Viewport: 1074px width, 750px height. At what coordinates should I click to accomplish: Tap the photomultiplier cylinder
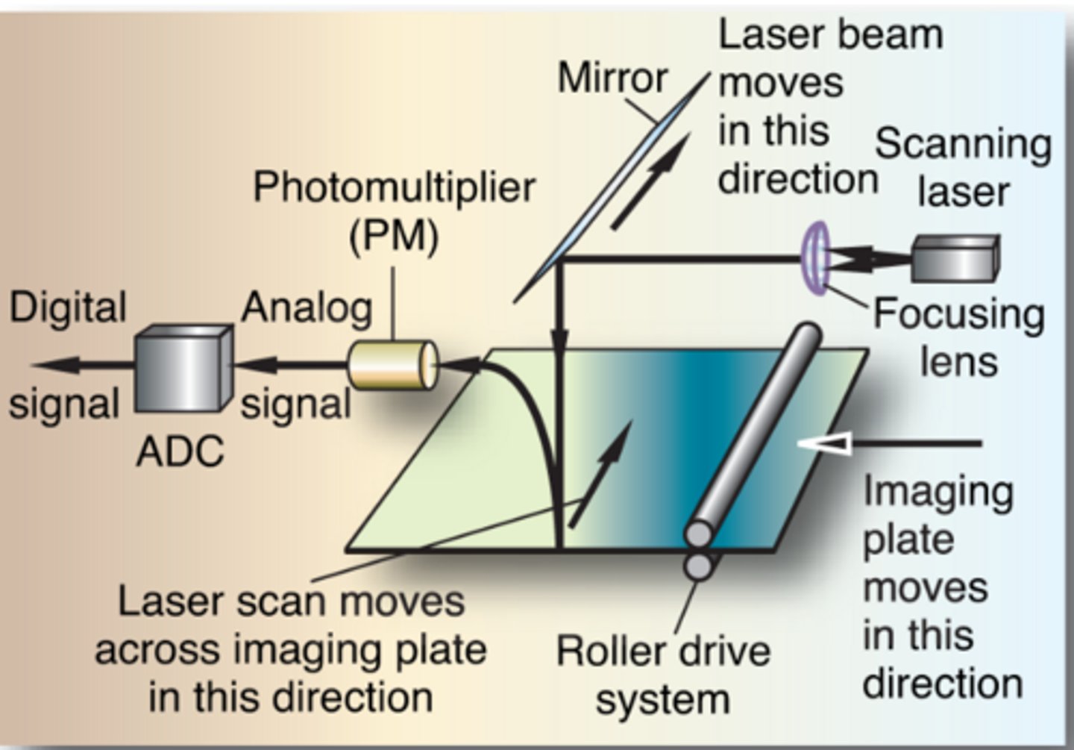(x=393, y=365)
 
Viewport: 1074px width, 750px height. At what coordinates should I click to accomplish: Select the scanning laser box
(x=955, y=258)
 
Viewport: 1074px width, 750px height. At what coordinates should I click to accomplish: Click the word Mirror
(x=612, y=78)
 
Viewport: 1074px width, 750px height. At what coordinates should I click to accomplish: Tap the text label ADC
(x=180, y=451)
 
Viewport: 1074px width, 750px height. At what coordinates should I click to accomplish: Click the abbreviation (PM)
(x=393, y=236)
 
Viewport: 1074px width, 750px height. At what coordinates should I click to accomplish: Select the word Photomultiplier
(x=394, y=187)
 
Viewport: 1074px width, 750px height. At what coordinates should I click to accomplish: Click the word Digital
(x=68, y=307)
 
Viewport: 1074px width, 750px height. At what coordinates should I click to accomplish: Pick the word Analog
(x=307, y=307)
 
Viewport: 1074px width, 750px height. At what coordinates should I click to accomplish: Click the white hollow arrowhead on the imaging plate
(x=824, y=443)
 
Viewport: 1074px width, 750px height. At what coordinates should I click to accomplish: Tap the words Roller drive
(x=663, y=651)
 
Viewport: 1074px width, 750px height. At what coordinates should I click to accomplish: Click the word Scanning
(x=963, y=143)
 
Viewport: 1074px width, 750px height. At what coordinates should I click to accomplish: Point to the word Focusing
(x=958, y=314)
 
